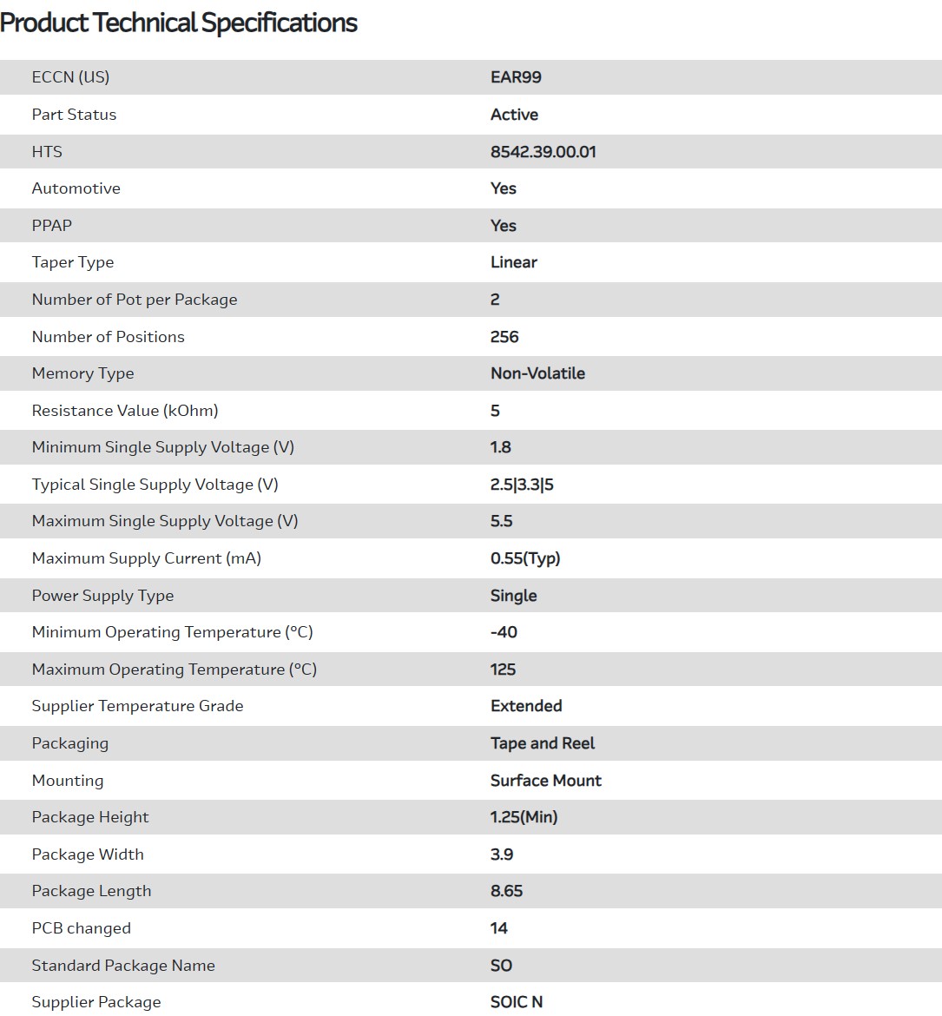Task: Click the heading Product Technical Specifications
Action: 179,23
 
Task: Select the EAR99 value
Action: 516,77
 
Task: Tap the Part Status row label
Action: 74,115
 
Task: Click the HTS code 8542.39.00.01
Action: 543,152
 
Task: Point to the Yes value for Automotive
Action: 503,188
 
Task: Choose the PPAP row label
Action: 52,226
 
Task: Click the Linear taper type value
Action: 513,262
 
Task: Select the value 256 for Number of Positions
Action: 504,337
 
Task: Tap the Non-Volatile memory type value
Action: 537,373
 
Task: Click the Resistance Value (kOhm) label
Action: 125,411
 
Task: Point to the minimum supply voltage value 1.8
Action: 500,447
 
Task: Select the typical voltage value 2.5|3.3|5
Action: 522,485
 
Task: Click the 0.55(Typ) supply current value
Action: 525,558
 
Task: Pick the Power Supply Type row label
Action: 102,596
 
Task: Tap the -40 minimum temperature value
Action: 504,632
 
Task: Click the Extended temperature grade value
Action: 526,706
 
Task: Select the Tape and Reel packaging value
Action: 543,743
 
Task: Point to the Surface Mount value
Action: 545,781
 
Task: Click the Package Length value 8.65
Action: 506,891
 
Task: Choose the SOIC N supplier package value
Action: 516,1002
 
